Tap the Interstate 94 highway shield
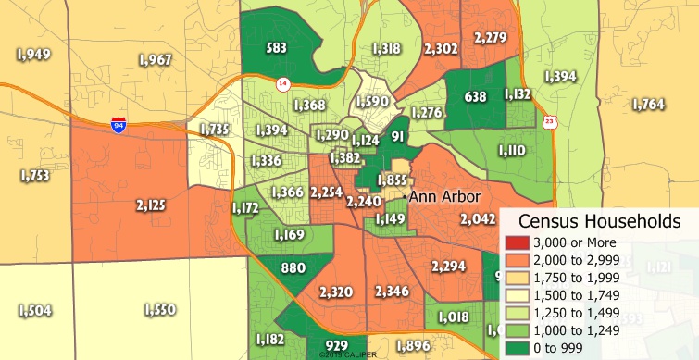point(119,124)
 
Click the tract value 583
point(276,46)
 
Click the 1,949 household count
point(33,55)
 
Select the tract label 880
point(293,269)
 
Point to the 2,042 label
point(479,219)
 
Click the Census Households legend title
point(600,221)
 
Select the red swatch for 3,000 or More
point(514,242)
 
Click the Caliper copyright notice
point(343,354)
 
